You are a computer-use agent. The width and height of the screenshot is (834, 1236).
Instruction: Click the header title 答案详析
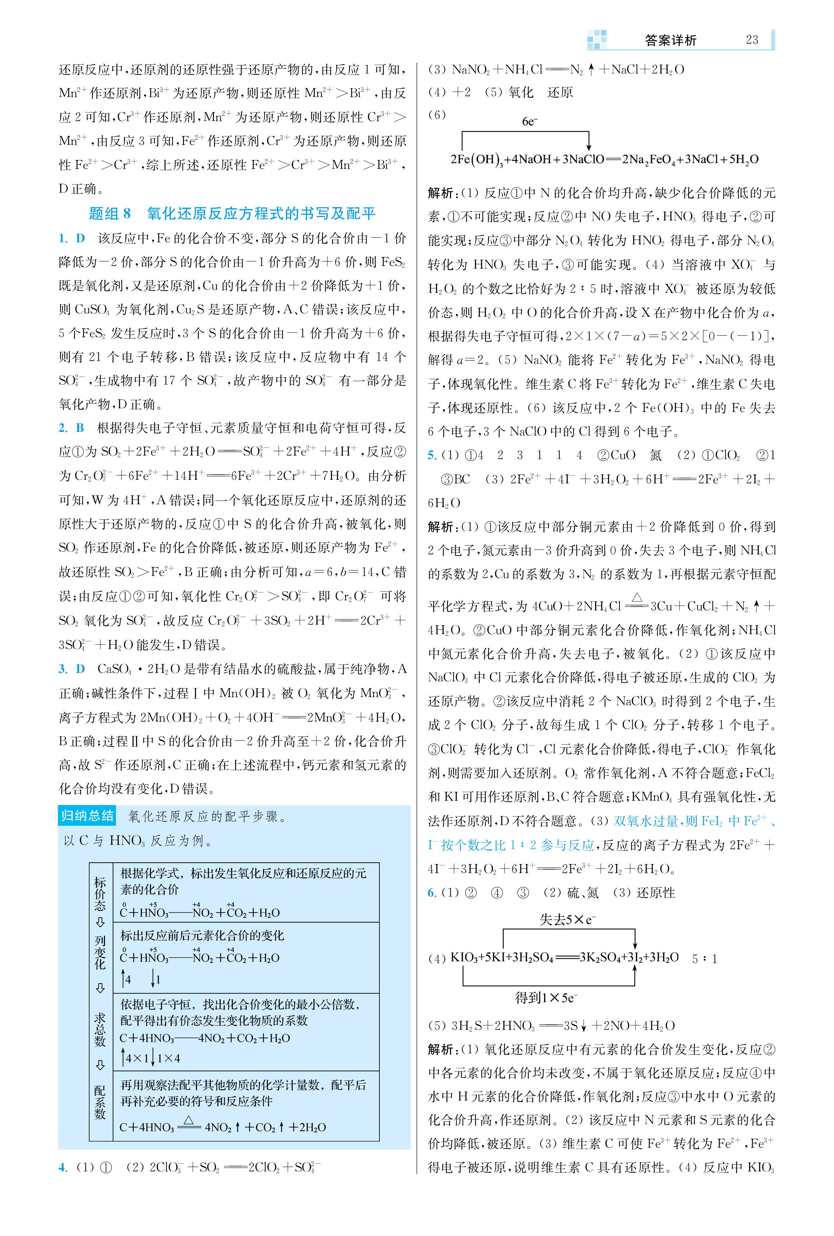[x=670, y=40]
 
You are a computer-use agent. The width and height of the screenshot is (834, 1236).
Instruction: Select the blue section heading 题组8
[x=110, y=214]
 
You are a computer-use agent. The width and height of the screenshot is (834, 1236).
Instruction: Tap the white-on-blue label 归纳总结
[x=87, y=816]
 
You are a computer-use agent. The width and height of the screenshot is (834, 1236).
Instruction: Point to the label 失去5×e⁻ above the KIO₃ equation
[x=567, y=919]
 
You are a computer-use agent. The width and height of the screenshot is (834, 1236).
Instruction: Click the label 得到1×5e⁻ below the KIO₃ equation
[x=546, y=998]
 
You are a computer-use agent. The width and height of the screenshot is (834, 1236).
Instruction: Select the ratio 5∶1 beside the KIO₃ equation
[x=704, y=959]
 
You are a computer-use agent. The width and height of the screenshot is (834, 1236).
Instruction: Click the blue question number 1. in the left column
[x=63, y=238]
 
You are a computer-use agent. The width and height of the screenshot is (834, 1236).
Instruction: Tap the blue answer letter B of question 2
[x=80, y=428]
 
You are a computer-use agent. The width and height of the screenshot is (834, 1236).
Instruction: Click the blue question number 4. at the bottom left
[x=63, y=1168]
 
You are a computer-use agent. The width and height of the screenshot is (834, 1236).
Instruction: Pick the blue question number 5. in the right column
[x=432, y=455]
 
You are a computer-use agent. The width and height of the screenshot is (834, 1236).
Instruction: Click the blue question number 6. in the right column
[x=432, y=893]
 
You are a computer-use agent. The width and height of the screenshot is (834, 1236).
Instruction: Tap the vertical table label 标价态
[x=100, y=894]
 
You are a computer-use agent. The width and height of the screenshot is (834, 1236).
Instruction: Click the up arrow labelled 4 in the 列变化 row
[x=123, y=979]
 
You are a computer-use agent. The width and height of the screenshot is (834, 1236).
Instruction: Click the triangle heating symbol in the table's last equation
[x=188, y=1120]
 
